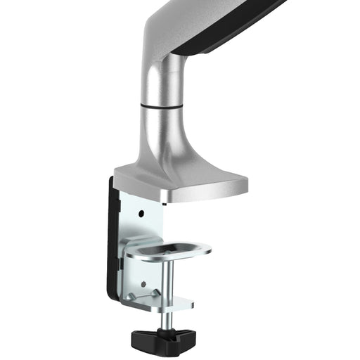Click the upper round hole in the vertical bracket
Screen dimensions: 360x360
pyautogui.click(x=141, y=212)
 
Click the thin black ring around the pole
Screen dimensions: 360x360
pyautogui.click(x=162, y=106)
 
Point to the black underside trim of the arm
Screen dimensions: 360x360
pyautogui.click(x=225, y=32)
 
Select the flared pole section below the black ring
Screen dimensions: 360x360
pyautogui.click(x=163, y=137)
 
